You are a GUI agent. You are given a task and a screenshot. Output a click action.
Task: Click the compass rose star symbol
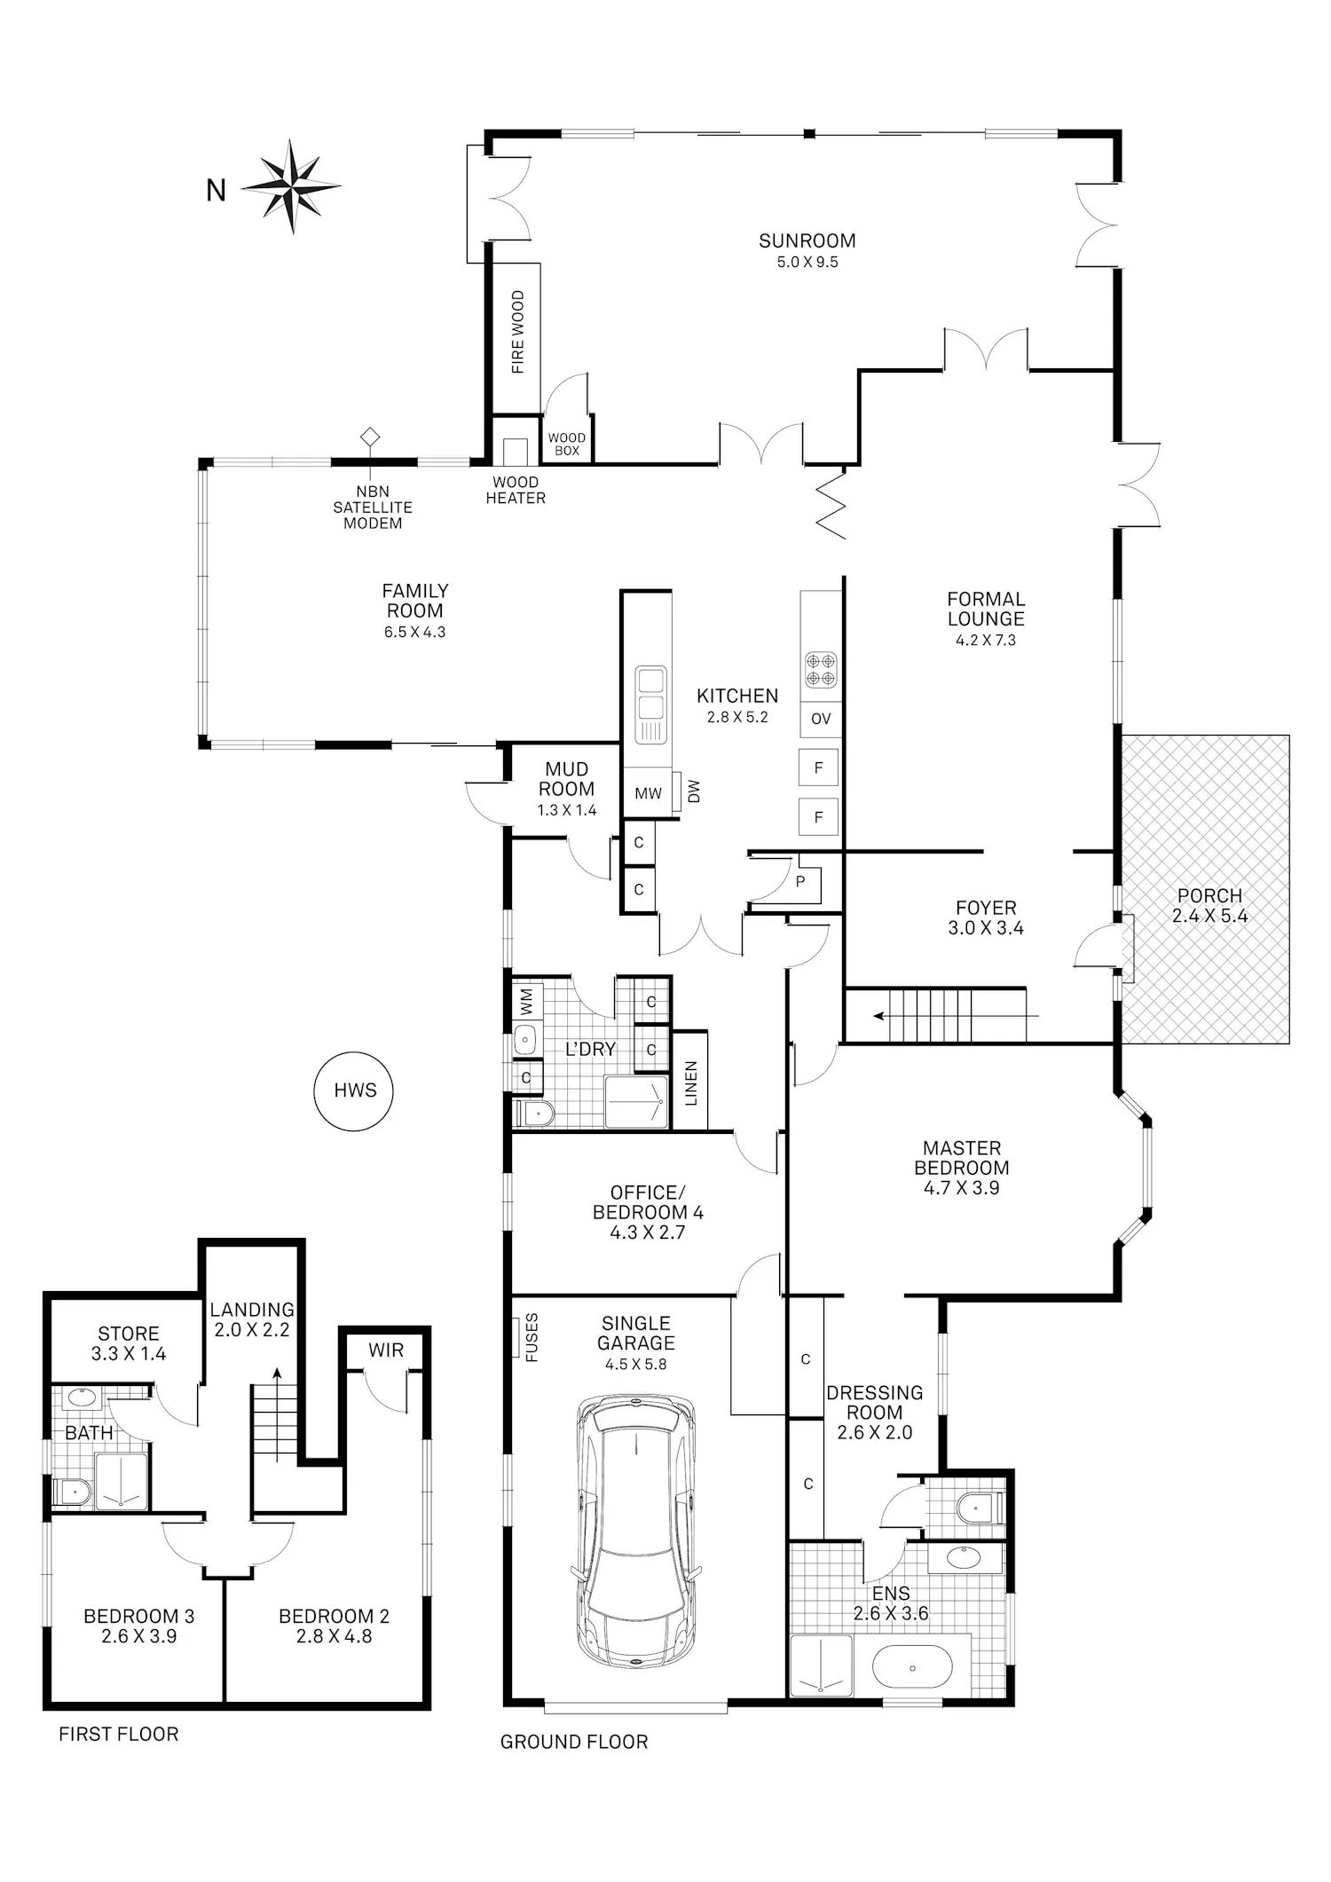[x=291, y=186]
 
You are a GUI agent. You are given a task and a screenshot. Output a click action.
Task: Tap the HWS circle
[x=355, y=1091]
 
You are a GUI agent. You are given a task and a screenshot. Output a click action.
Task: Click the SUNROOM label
[x=807, y=240]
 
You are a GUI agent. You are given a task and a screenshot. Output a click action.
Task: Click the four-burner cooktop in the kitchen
[x=821, y=670]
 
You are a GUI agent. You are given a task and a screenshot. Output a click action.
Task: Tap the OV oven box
[x=821, y=719]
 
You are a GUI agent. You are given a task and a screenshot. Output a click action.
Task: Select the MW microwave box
[x=648, y=793]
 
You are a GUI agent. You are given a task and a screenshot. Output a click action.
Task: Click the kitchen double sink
[x=650, y=705]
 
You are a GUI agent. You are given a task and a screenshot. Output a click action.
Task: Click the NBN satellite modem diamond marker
[x=369, y=437]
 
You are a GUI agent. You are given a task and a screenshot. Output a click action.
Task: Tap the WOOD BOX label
[x=566, y=444]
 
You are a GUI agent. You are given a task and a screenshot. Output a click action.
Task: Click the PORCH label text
[x=1209, y=896]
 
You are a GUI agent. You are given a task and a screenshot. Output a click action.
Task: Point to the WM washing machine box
[x=526, y=1002]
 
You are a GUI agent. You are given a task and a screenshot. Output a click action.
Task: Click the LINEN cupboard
[x=690, y=1081]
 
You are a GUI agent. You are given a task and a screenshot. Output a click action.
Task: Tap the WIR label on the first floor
[x=386, y=1350]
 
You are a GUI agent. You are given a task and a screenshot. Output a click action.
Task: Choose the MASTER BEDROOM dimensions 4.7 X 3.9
[x=962, y=1188]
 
